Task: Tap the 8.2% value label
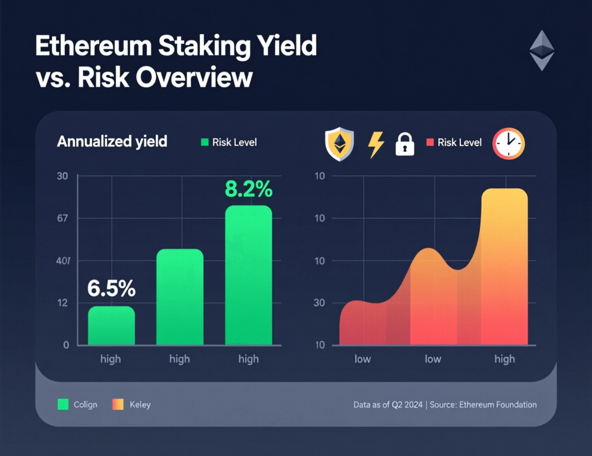249,189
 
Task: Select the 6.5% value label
111,287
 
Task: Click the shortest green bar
111,326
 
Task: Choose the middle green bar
180,297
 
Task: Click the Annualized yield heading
112,141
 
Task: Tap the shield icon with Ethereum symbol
339,144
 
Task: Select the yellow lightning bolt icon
376,144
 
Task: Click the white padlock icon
405,144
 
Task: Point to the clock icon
508,143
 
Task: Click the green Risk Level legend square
204,143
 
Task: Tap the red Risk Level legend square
430,143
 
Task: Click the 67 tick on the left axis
62,218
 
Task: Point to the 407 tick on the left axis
62,261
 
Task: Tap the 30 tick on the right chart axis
319,303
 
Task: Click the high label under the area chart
504,359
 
